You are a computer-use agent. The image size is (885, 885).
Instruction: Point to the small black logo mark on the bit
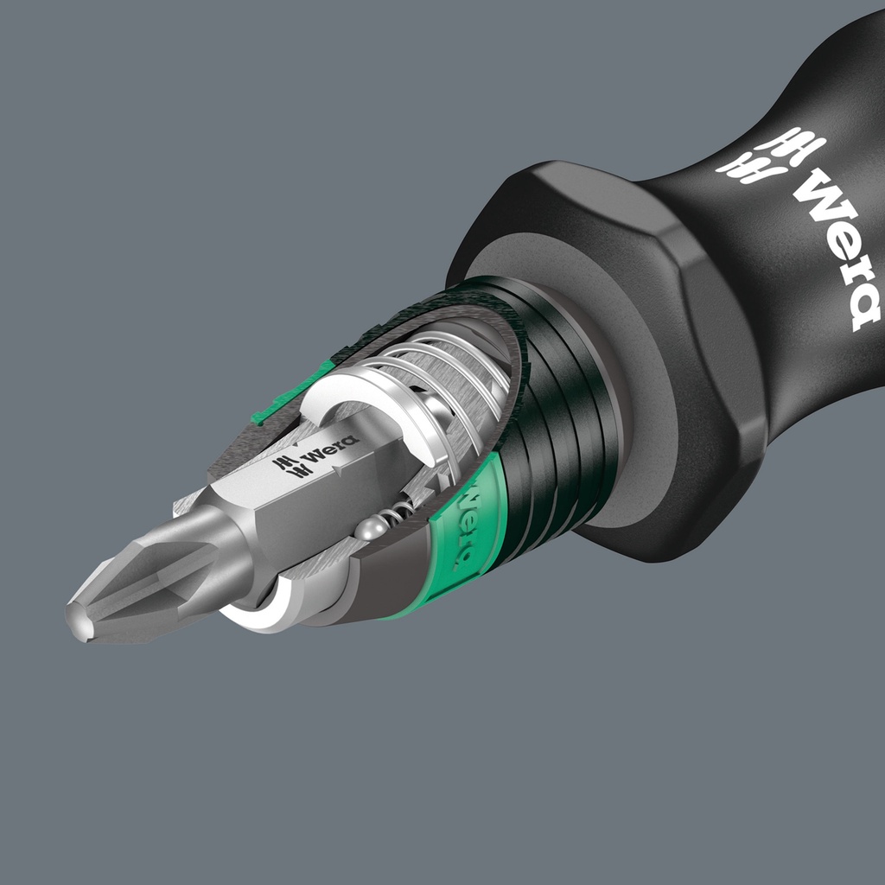point(286,466)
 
